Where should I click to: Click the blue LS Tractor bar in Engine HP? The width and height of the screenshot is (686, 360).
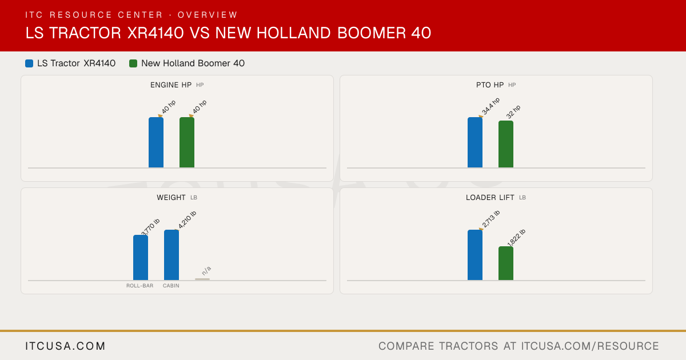tap(156, 142)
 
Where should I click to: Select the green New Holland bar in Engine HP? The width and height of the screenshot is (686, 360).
tap(187, 142)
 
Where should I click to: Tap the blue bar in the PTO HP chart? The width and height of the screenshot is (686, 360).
tap(475, 142)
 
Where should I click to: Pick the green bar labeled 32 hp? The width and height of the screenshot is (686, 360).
tap(506, 144)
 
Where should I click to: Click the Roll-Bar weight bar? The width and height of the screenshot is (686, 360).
tap(141, 258)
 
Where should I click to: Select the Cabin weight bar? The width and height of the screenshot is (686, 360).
tap(171, 255)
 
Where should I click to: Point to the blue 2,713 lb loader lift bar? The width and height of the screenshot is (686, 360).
tap(475, 255)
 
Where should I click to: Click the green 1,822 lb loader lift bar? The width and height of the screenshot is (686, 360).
tap(506, 263)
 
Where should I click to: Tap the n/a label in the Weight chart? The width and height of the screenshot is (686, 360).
tap(206, 271)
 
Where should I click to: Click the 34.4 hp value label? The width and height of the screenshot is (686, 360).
tap(490, 106)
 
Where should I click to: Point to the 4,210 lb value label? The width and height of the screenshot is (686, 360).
tap(187, 219)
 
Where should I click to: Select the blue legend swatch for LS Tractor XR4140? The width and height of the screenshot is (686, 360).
tap(29, 63)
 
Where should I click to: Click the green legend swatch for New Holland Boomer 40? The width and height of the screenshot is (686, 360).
tap(133, 63)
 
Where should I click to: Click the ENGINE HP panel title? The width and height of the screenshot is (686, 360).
tap(171, 85)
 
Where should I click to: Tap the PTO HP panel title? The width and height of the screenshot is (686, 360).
tap(490, 85)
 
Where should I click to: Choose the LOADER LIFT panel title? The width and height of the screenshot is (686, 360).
tap(490, 198)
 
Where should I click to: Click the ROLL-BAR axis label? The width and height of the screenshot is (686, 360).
tap(140, 286)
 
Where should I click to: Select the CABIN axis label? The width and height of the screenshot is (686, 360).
tap(171, 286)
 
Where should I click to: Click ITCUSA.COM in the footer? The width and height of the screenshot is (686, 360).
tap(65, 346)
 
